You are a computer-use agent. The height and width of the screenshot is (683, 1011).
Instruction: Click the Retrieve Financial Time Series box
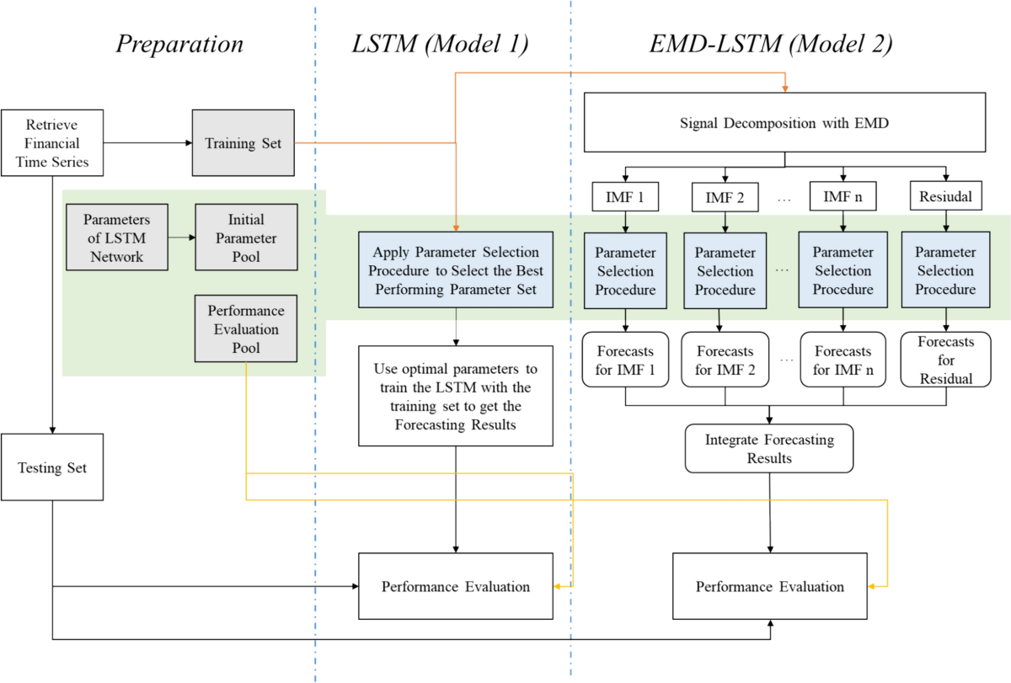click(52, 142)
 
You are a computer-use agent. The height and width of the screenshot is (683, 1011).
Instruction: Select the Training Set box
click(243, 143)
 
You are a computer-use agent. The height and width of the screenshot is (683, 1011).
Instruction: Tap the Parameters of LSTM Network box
click(114, 237)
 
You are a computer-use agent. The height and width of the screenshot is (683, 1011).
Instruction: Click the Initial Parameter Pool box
click(245, 237)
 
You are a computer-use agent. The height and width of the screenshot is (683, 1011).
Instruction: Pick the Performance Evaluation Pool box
click(245, 329)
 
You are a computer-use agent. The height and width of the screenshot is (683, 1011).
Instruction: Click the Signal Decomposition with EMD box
click(784, 124)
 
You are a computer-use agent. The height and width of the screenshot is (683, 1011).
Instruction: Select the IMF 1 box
click(624, 198)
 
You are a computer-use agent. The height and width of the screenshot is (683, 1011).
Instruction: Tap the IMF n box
click(842, 198)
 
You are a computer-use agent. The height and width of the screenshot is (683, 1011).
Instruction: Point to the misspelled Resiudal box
click(944, 198)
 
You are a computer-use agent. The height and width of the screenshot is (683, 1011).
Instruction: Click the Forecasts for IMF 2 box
click(725, 360)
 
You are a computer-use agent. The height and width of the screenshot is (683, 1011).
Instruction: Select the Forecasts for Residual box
click(944, 360)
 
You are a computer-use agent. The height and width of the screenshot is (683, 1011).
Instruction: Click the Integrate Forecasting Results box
click(769, 448)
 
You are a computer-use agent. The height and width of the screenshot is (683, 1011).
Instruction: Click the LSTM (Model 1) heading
click(439, 45)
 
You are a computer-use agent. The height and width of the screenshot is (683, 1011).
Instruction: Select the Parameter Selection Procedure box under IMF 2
click(725, 270)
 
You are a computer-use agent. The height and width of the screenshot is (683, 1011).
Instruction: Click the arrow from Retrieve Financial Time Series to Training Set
click(147, 143)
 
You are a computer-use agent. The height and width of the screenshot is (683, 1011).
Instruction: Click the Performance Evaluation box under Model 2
click(769, 586)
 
